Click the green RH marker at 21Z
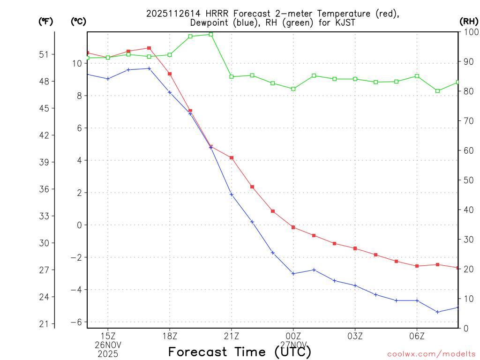[232, 76]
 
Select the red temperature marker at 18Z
[170, 74]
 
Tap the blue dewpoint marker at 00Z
[293, 273]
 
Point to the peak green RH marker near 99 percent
[211, 34]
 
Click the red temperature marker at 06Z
[417, 266]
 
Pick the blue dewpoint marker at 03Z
[355, 285]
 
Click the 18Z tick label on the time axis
[170, 336]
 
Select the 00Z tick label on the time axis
[293, 336]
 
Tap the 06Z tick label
[417, 336]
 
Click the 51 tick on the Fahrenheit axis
[44, 54]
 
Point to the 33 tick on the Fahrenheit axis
[44, 216]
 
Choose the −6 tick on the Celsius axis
[76, 322]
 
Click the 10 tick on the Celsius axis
[77, 63]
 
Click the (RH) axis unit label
[468, 21]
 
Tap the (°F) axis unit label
[46, 21]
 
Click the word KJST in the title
[333, 22]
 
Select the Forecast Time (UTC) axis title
[240, 352]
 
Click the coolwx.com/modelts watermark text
[431, 354]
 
